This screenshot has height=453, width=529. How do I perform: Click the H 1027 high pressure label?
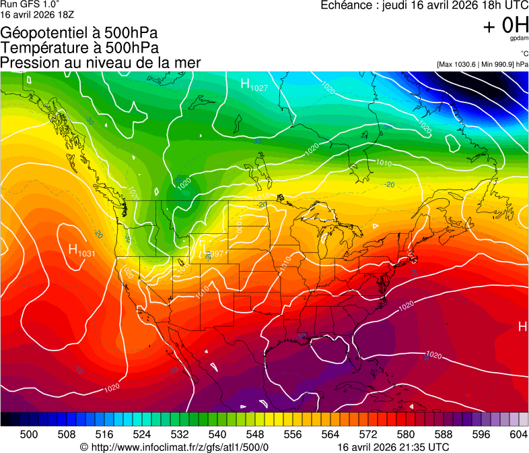click(254, 85)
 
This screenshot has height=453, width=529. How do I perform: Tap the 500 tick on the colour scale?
click(29, 434)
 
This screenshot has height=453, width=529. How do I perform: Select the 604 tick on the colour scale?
click(518, 434)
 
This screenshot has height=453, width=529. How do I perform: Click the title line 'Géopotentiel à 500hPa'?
click(79, 33)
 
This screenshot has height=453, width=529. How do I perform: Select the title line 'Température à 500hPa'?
click(79, 48)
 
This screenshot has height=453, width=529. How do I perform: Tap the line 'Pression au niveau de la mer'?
click(100, 63)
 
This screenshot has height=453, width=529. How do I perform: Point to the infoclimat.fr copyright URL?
click(174, 447)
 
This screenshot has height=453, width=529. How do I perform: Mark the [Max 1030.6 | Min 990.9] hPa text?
click(482, 64)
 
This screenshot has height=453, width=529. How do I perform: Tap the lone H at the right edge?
click(522, 327)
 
